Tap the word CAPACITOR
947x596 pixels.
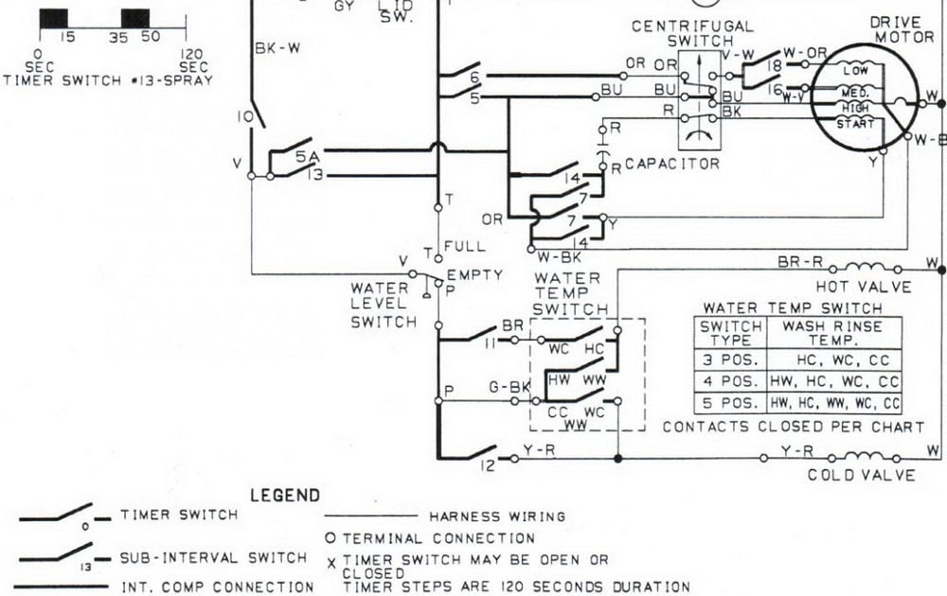(671, 164)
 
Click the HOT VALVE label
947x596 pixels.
(863, 287)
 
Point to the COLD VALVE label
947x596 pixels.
(861, 475)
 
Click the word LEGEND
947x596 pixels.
(285, 495)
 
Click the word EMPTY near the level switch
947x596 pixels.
(481, 274)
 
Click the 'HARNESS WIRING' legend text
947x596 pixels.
(497, 517)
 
